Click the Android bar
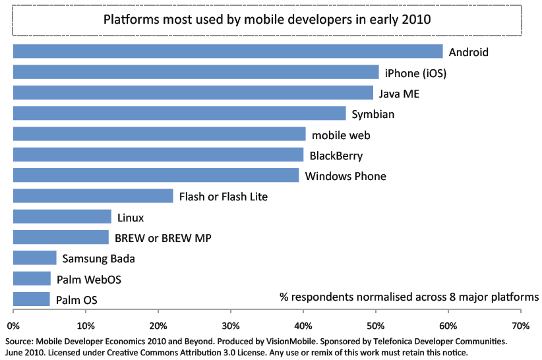click(227, 51)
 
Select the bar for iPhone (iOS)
click(196, 73)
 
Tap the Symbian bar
click(179, 113)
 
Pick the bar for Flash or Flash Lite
click(93, 196)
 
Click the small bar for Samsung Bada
click(35, 258)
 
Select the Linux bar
click(62, 217)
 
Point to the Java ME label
click(399, 94)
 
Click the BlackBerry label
click(336, 156)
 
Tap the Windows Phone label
click(346, 176)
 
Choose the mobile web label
click(341, 135)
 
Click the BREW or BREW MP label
click(163, 238)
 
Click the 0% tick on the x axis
click(13, 325)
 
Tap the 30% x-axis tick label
click(230, 325)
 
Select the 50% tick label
click(375, 325)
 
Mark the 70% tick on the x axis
click(520, 325)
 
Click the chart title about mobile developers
click(267, 19)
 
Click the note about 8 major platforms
click(409, 296)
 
